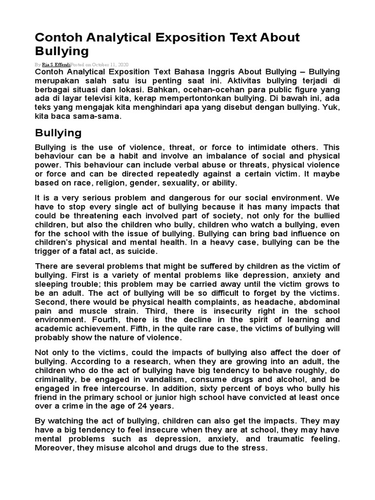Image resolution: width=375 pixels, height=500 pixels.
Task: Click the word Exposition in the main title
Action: (x=167, y=38)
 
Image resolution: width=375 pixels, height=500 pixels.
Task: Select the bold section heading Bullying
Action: (x=58, y=133)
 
